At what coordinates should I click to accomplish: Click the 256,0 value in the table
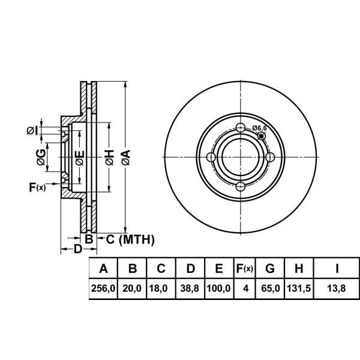click(103, 289)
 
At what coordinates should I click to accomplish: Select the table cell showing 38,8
click(190, 289)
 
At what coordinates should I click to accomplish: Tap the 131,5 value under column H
click(299, 289)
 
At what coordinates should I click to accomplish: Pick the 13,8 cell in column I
click(337, 289)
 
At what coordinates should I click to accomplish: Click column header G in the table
click(270, 268)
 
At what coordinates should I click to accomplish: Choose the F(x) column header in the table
click(245, 268)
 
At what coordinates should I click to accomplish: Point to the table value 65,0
click(271, 289)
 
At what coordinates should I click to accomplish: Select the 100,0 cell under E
click(218, 289)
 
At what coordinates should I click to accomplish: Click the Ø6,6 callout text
click(259, 128)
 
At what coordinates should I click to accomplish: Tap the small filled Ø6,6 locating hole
click(262, 136)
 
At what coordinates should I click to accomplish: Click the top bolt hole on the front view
click(241, 127)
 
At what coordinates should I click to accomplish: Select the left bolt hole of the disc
click(211, 157)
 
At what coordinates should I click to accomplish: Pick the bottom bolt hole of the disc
click(241, 187)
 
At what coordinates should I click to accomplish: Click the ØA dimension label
click(126, 157)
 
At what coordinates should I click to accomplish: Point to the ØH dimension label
click(110, 157)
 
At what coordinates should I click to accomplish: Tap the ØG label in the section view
click(41, 157)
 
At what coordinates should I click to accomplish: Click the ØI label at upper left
click(32, 130)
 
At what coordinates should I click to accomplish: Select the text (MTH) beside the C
click(137, 239)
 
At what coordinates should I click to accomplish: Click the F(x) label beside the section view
click(37, 187)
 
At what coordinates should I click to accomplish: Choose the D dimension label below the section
click(78, 249)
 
